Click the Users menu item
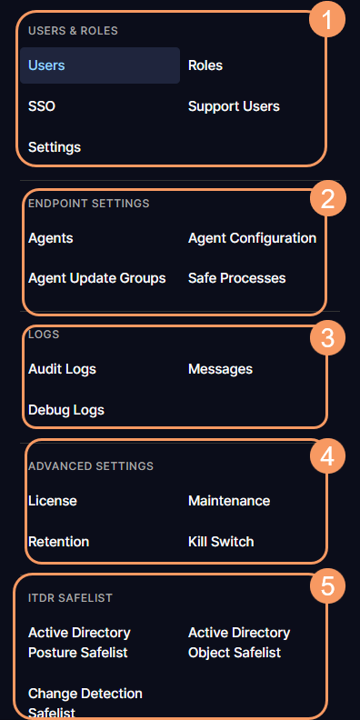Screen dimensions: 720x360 [x=46, y=65]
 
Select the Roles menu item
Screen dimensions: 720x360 [x=205, y=65]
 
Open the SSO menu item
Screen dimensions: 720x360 [x=42, y=106]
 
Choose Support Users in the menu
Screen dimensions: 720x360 [x=234, y=106]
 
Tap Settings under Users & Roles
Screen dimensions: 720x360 [x=55, y=146]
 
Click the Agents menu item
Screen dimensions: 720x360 [x=51, y=238]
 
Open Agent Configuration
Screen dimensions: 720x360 [x=252, y=238]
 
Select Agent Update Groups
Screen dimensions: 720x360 [x=96, y=278]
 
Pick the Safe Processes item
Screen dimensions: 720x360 [x=236, y=278]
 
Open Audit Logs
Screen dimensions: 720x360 [x=62, y=369]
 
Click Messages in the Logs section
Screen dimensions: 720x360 [x=220, y=369]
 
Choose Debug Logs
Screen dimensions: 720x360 [x=66, y=410]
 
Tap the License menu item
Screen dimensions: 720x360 [x=53, y=501]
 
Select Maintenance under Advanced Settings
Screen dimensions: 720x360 [x=229, y=501]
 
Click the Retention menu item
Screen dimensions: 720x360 [x=59, y=542]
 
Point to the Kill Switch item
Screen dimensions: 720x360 [x=221, y=542]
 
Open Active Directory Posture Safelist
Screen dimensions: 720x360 [x=79, y=643]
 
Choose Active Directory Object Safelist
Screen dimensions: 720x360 [x=238, y=643]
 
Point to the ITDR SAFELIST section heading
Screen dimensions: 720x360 [x=70, y=598]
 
